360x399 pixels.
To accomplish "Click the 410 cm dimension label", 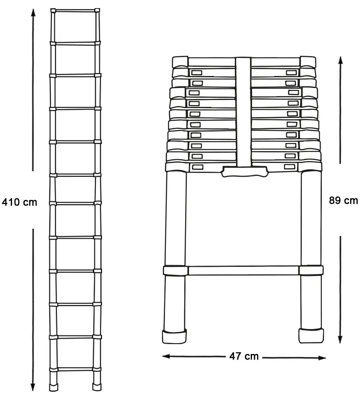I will point(20,202).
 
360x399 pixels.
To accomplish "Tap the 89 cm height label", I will point(343,201).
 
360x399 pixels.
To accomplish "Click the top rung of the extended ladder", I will point(75,10).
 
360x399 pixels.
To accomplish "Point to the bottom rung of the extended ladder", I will point(75,369).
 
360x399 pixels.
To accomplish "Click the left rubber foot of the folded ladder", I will point(174,337).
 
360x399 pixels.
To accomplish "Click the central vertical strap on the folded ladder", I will point(243,112).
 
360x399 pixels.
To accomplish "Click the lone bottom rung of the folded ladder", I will point(243,271).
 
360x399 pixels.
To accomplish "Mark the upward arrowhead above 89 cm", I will point(341,60).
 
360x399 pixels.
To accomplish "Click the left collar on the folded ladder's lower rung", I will point(174,271).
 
